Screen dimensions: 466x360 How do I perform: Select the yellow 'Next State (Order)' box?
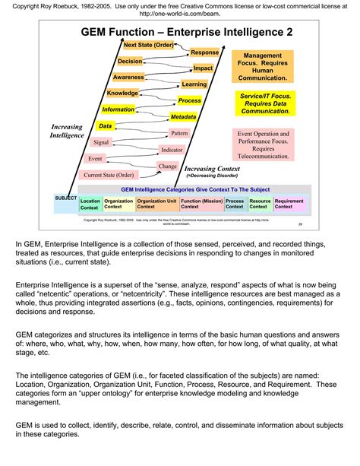coord(148,46)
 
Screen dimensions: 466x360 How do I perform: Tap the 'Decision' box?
coord(131,62)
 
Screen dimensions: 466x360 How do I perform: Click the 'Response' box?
coord(204,52)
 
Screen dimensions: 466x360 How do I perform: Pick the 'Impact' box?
coord(203,68)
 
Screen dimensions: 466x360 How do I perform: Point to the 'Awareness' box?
coord(128,78)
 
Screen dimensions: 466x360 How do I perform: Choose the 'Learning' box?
coord(194,84)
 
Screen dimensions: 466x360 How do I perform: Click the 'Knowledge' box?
coord(122,93)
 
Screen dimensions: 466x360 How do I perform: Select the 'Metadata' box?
coord(183,117)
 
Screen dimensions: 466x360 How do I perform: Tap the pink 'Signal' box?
coord(100,142)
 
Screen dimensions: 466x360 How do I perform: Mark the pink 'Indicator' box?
coord(172,150)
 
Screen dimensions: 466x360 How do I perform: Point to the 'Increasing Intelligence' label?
coord(68,131)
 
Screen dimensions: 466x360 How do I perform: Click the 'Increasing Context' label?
coord(213,170)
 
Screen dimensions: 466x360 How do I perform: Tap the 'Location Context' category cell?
coord(90,204)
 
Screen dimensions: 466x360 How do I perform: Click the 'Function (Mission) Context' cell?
coord(201,204)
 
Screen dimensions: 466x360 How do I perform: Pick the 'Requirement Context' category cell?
coord(289,204)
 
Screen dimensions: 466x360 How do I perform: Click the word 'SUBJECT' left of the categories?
coord(65,198)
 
